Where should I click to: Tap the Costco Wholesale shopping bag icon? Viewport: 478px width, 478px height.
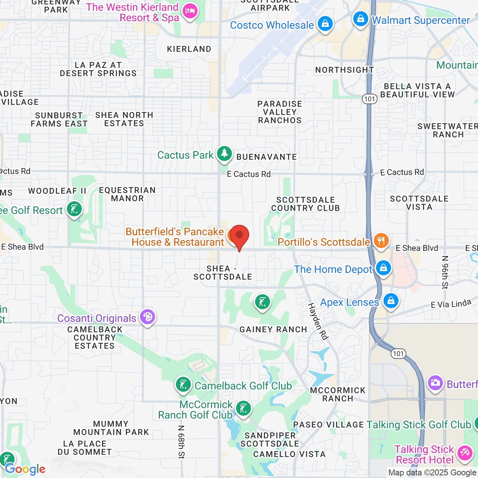coord(325,24)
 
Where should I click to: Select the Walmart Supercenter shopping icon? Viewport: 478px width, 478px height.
coord(361,19)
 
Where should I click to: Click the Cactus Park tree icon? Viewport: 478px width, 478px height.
coord(224,153)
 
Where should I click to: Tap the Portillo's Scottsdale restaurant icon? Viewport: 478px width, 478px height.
coord(381,241)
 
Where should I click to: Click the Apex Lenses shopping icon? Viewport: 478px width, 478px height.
coord(391,301)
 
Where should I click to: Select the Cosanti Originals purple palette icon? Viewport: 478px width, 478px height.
coord(148,317)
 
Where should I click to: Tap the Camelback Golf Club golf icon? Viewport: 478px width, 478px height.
coord(183,385)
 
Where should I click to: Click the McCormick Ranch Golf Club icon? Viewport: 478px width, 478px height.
coord(243,409)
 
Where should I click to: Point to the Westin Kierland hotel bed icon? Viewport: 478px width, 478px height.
coord(190,12)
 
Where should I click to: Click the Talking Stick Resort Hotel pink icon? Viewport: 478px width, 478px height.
coord(464,453)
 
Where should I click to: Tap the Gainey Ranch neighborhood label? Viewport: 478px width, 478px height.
coord(273,329)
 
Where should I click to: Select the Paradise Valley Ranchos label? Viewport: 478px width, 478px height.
coord(280,112)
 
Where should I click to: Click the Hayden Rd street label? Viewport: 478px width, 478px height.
coord(318,321)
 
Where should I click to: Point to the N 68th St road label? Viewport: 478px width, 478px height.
coord(181,442)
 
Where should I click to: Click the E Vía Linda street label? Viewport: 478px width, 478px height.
coord(451,304)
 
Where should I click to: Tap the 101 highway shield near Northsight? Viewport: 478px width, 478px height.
coord(369,99)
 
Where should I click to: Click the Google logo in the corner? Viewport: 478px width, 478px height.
coord(25,469)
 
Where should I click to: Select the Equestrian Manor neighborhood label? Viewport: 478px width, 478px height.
coord(127,194)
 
